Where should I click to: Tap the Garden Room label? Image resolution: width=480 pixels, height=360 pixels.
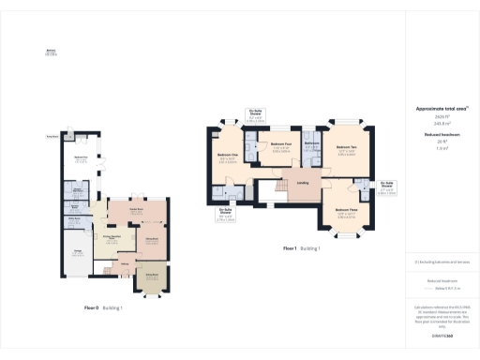point(136,211)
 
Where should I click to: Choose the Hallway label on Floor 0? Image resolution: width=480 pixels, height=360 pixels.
point(123,264)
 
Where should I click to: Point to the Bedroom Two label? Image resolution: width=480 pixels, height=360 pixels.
point(347,147)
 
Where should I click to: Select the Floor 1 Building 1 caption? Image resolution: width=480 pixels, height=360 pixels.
point(301,248)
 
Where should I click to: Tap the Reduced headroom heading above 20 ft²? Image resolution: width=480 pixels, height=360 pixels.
point(440,135)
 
